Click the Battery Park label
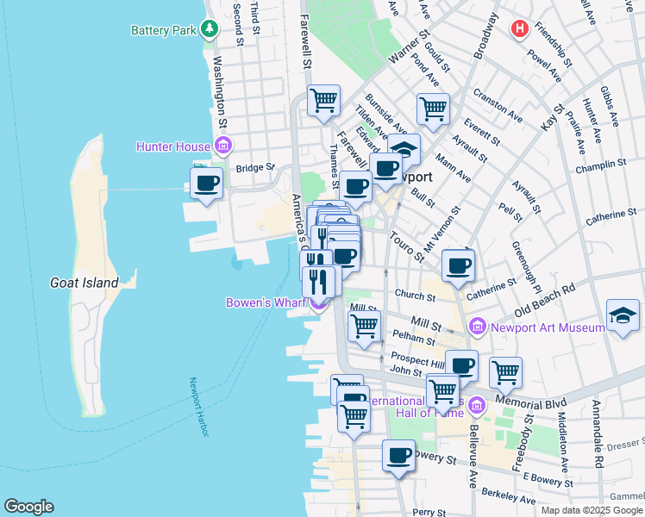164,30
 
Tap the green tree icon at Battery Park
209,29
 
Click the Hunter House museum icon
223,146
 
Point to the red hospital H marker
519,29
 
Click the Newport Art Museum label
548,327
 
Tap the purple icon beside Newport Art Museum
479,327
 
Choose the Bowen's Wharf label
266,302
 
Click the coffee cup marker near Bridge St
207,184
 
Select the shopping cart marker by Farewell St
323,100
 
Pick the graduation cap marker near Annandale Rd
623,315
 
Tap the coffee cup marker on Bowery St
398,455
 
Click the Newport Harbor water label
200,407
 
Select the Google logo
28,507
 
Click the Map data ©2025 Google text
591,510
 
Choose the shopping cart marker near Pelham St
364,327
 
